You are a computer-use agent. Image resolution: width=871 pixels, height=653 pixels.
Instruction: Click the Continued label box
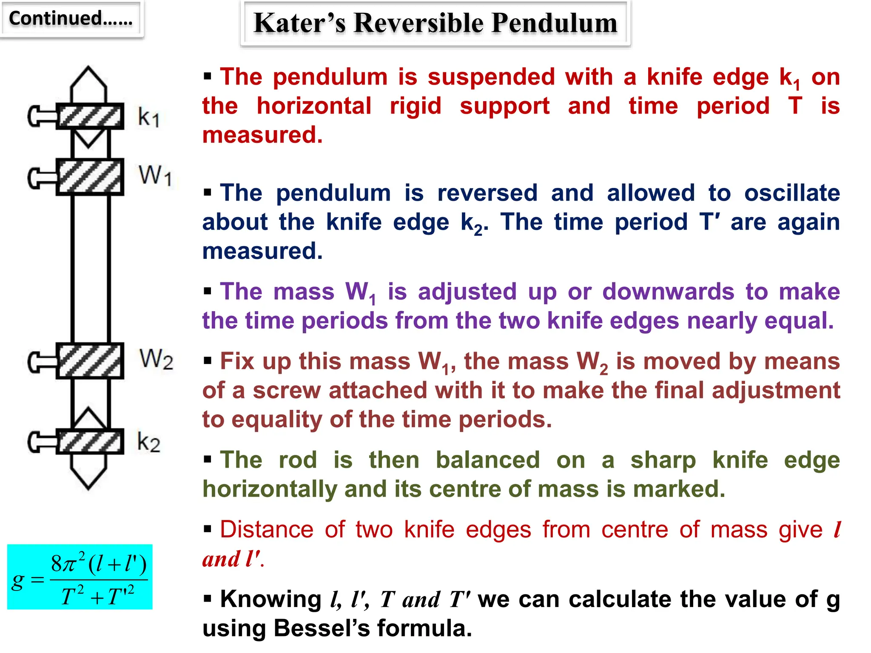tap(71, 19)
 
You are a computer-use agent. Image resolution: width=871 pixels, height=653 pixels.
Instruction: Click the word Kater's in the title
tap(299, 23)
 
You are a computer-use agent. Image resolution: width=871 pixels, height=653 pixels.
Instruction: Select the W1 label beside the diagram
tap(155, 175)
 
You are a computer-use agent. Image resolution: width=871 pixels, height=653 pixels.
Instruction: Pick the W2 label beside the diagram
tap(156, 359)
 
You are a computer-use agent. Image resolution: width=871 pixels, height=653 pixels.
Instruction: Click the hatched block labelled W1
tap(90, 177)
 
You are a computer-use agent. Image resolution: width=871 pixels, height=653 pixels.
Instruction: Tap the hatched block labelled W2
tap(90, 361)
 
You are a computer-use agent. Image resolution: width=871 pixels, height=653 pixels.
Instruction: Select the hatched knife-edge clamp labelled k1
tap(90, 116)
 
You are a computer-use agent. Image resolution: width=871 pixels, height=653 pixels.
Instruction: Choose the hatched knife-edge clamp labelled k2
tap(90, 442)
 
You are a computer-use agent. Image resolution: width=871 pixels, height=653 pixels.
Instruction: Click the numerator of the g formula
tap(99, 564)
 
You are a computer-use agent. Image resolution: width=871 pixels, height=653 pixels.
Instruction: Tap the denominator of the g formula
tap(98, 595)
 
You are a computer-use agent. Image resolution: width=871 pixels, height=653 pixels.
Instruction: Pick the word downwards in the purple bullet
tap(668, 292)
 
